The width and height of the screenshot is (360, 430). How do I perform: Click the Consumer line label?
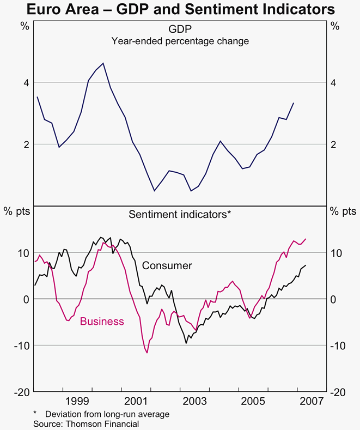(x=167, y=265)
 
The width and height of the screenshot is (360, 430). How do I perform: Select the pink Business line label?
(x=102, y=321)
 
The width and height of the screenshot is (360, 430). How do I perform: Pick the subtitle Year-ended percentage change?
(x=180, y=41)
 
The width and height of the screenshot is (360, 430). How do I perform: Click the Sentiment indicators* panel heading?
(x=180, y=214)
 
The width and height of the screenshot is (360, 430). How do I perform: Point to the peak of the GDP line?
(x=103, y=63)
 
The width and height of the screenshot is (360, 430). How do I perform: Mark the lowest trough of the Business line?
(x=147, y=353)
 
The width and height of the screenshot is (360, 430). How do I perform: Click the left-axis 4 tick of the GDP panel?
(x=25, y=83)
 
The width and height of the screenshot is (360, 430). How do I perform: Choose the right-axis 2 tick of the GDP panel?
(x=335, y=144)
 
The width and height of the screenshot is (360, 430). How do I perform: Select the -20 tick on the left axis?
(x=22, y=392)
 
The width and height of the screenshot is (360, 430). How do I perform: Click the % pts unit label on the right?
(x=344, y=211)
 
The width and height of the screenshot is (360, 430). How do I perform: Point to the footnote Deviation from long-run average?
(x=107, y=414)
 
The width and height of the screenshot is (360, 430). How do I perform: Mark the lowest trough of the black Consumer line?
(x=186, y=343)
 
